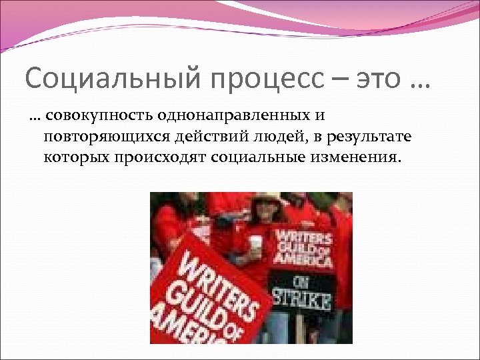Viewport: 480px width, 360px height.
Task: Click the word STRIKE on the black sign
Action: [x=301, y=299]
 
